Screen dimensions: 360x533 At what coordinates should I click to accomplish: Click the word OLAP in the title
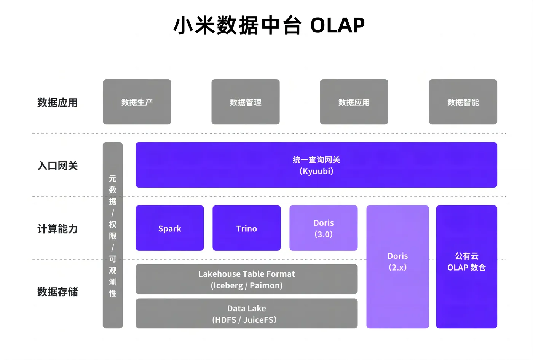pos(337,26)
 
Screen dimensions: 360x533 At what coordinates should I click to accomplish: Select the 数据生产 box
pos(137,102)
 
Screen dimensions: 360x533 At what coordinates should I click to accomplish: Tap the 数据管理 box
pos(246,102)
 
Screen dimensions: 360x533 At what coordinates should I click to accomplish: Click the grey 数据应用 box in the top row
pos(354,102)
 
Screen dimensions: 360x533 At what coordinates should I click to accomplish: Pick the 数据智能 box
pos(463,102)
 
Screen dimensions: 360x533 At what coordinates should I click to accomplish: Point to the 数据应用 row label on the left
pos(57,103)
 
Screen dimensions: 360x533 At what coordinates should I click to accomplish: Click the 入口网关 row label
pos(57,166)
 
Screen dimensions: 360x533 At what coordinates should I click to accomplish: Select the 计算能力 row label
pos(57,229)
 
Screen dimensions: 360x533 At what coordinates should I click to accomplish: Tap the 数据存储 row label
pos(57,292)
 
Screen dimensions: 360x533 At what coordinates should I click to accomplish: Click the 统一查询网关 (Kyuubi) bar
pos(316,165)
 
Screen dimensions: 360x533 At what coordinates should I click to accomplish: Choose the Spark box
pos(170,228)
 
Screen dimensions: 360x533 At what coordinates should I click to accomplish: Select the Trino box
pos(247,228)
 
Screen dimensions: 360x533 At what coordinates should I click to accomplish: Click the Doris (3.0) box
pos(324,228)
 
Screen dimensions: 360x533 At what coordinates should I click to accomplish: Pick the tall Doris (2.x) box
pos(397,266)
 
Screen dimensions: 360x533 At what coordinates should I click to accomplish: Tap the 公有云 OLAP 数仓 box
pos(466,266)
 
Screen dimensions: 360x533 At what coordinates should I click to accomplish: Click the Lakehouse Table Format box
pos(247,279)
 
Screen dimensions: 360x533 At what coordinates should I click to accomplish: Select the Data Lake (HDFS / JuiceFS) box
pos(247,314)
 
